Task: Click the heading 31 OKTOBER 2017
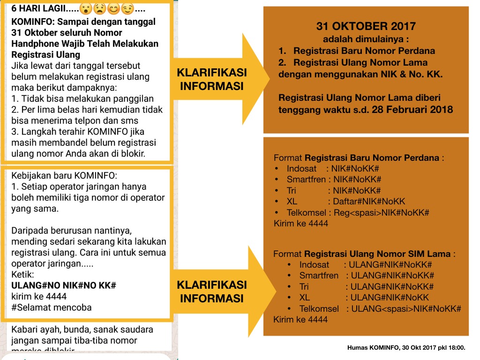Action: tap(366, 26)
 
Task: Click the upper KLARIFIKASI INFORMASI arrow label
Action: tap(212, 79)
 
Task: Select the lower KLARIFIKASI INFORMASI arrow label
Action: tap(212, 292)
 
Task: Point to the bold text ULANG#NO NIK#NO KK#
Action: tap(63, 285)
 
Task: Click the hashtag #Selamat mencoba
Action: tap(52, 307)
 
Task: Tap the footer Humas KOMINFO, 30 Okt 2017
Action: tap(406, 348)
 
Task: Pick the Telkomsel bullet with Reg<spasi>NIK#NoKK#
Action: tap(358, 213)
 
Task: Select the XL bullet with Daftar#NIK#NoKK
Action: tap(346, 202)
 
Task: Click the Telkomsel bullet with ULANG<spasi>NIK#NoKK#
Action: tap(380, 308)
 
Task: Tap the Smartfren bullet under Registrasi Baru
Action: tap(334, 180)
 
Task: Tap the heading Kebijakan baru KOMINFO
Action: tap(63, 176)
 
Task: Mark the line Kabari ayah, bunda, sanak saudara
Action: tap(82, 329)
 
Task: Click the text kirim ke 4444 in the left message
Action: tap(39, 296)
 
